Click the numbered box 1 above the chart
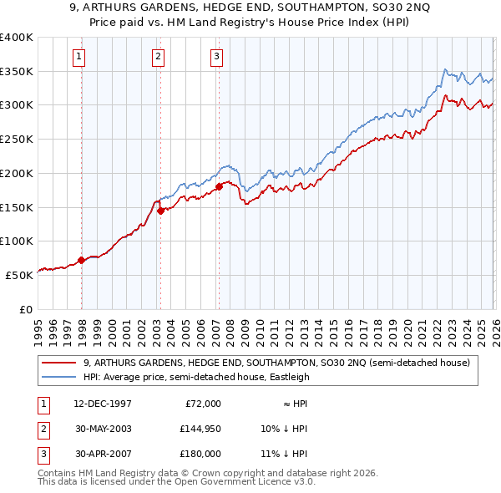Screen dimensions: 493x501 (78, 57)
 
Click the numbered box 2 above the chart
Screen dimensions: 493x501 (158, 57)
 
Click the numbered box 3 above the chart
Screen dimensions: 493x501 (216, 57)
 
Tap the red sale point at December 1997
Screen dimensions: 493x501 (82, 260)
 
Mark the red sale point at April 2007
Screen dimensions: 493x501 (219, 186)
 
